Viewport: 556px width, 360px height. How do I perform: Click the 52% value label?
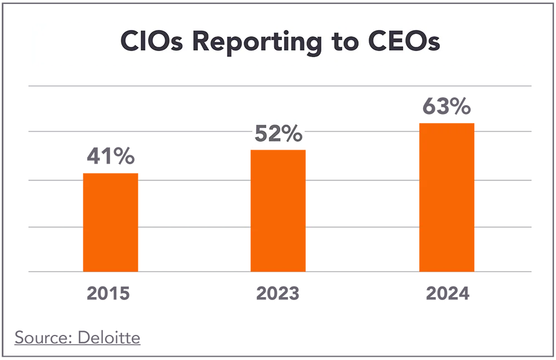click(x=278, y=134)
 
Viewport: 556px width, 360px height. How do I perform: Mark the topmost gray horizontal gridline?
click(x=289, y=87)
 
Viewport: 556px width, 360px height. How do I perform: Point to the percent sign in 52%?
click(x=294, y=134)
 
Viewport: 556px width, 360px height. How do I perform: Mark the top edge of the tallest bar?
click(x=446, y=121)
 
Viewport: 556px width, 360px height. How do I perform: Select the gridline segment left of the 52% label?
click(x=139, y=131)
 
